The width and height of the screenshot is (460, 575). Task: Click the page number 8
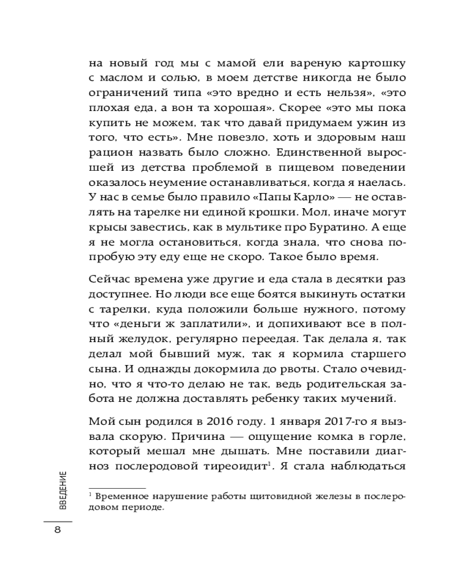[57, 530]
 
